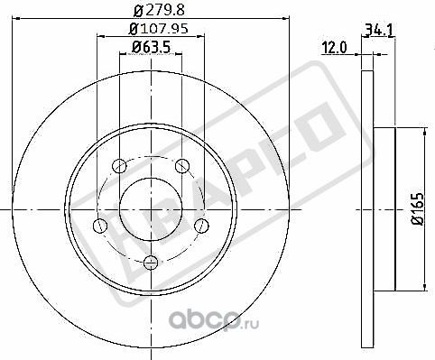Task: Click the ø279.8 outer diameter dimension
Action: pos(150,10)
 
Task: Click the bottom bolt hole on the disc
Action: pos(150,262)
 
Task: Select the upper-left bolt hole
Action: pos(120,165)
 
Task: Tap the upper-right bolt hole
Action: pos(181,165)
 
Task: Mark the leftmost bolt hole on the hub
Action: pos(100,225)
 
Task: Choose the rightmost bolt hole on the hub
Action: pos(200,225)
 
